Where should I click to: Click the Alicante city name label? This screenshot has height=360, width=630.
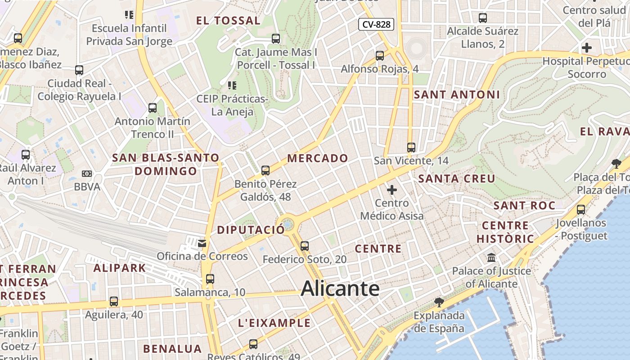coord(340,288)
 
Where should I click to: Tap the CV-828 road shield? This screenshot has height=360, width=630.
coord(376,24)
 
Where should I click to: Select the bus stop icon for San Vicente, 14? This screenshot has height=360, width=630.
coord(411,147)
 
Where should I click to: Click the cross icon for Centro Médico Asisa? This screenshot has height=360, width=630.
coord(392,190)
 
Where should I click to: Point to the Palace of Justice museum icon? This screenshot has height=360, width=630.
coord(491,258)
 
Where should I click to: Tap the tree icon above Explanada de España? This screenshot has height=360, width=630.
coord(439,302)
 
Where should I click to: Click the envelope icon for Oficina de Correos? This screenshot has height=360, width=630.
coord(202,243)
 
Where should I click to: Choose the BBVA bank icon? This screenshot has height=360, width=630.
coord(87,174)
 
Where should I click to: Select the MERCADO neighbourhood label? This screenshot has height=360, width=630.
coord(318,158)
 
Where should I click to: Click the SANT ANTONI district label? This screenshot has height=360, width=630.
coord(457,94)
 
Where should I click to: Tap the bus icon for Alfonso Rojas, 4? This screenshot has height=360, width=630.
coord(380,56)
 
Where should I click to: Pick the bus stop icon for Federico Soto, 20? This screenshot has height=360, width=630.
coord(305,246)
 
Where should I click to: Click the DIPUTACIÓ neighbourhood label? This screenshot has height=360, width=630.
coord(251,230)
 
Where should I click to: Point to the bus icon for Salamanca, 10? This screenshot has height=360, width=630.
coord(210,279)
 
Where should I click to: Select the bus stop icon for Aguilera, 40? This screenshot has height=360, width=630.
coord(114,301)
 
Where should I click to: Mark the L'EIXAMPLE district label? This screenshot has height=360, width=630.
coord(274,323)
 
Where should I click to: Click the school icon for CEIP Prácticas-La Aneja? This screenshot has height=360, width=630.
coord(232,85)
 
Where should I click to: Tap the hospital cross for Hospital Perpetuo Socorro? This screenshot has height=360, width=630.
coord(587,48)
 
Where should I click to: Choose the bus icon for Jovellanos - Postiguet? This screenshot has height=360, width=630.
coord(581,209)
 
